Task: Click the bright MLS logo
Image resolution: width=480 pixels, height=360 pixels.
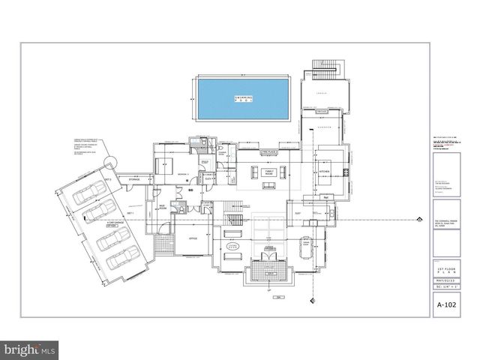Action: [x=30, y=349]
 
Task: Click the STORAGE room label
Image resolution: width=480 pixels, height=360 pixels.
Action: [x=135, y=180]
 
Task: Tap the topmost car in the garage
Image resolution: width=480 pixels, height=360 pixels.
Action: [x=88, y=193]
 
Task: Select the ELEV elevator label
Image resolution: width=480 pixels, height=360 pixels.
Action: [x=209, y=178]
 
